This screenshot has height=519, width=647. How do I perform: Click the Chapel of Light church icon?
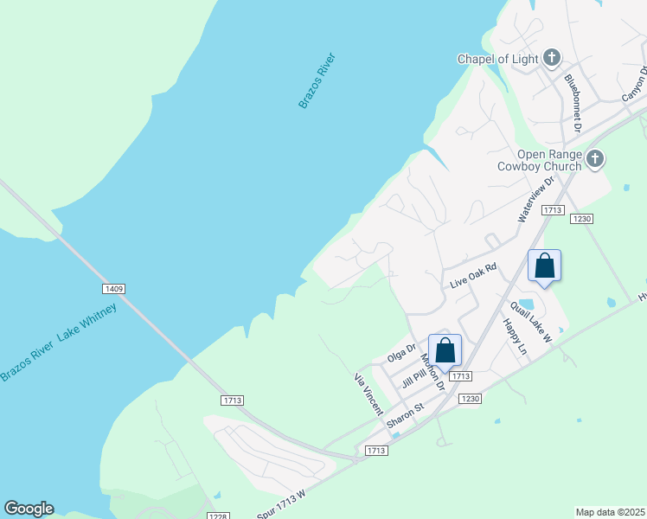[552, 59]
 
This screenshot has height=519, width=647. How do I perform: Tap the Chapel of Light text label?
[497, 60]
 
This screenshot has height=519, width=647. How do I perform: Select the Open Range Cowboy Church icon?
[594, 159]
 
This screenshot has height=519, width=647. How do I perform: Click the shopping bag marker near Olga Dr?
[445, 350]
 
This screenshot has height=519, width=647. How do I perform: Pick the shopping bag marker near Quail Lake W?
[544, 265]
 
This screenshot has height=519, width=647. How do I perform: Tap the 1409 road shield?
[114, 288]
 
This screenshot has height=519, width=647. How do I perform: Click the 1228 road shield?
[218, 516]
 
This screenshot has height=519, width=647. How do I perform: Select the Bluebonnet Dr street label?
[573, 102]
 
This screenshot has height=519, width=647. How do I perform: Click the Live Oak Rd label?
[474, 277]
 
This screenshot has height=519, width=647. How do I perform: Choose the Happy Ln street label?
[515, 336]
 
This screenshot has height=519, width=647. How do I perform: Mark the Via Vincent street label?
[368, 394]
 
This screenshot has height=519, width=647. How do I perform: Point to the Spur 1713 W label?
[282, 504]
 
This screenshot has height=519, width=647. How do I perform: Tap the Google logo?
[29, 509]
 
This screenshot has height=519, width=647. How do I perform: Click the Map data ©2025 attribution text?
[610, 512]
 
